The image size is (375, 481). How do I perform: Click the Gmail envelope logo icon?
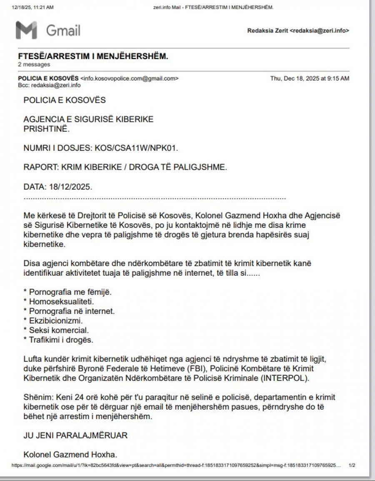pos(27,30)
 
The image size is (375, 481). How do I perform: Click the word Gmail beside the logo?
pos(63,30)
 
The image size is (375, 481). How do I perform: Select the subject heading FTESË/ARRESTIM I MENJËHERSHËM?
pos(93,56)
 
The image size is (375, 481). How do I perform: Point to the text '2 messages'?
pos(34,64)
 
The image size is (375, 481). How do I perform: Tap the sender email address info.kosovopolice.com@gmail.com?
pos(130,78)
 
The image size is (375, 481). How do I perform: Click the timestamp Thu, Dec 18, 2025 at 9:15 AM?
pos(310,78)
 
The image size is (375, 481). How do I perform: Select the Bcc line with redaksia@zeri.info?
pos(49,85)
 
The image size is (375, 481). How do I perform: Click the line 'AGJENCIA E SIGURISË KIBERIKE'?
pos(88,119)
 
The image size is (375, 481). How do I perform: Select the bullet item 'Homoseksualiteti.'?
pos(61,301)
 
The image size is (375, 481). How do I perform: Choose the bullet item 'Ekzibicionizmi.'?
pos(56,321)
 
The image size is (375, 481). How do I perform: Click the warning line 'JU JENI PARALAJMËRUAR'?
pos(75,435)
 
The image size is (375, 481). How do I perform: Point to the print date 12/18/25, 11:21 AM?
pos(33,7)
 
